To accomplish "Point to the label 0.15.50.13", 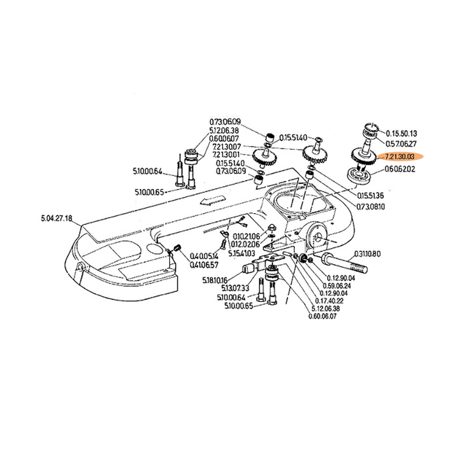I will pos(401,134).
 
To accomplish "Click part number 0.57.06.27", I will pos(401,144).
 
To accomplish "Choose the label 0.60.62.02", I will pos(400,169).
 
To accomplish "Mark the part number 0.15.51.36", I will pos(369,195).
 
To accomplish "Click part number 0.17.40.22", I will pos(335,302).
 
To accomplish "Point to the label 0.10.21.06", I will pos(246,236).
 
